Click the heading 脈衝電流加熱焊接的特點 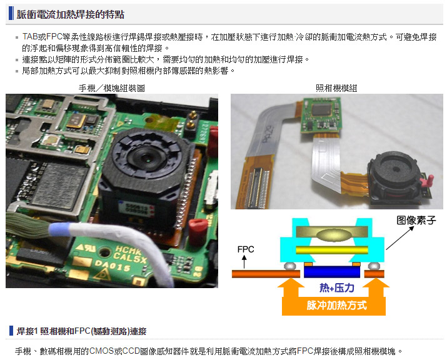[70, 14]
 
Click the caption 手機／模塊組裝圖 [111, 88]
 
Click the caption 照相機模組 [336, 88]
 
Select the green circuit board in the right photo [321, 116]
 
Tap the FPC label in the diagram [246, 249]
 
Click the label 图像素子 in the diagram [416, 220]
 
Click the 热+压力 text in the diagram [337, 288]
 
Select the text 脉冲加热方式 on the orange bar [336, 306]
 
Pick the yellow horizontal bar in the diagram [332, 250]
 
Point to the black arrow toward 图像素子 [399, 238]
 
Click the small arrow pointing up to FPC [244, 262]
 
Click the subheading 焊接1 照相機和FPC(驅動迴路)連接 [81, 331]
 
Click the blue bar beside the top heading [11, 13]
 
